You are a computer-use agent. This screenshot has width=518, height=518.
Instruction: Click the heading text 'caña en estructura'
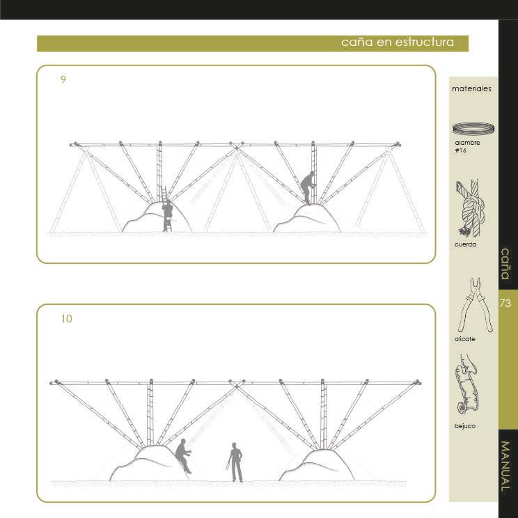click(x=398, y=42)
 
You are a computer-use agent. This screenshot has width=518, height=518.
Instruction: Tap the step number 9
click(x=63, y=79)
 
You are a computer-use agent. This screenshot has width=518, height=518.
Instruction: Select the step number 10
click(x=66, y=319)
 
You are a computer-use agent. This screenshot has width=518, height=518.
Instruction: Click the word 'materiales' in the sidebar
click(x=471, y=88)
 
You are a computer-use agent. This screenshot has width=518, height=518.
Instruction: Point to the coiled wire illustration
click(x=473, y=128)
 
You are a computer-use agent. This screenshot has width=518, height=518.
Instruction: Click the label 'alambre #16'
click(x=467, y=146)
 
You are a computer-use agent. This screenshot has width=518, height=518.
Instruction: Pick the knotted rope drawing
click(x=471, y=208)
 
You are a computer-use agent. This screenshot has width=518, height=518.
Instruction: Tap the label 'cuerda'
click(x=465, y=244)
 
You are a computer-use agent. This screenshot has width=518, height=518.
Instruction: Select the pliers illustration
click(x=476, y=305)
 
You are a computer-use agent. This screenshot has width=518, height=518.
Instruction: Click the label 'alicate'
click(x=465, y=339)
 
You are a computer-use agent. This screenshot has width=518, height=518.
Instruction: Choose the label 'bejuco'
click(x=465, y=426)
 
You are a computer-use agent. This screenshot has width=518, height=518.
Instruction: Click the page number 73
click(x=505, y=304)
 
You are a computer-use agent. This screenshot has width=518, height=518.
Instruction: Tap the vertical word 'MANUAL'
click(x=505, y=466)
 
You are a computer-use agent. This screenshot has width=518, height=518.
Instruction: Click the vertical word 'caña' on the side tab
click(x=505, y=264)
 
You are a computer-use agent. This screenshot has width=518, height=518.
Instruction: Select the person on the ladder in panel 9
click(x=168, y=214)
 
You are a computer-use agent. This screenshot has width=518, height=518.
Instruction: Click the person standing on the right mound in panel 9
click(x=308, y=188)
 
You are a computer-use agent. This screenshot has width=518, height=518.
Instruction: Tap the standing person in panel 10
click(x=235, y=462)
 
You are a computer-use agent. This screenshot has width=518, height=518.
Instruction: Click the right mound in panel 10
click(x=317, y=466)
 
